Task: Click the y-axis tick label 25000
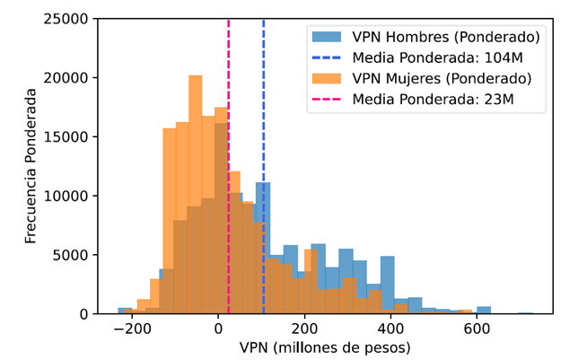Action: (x=68, y=19)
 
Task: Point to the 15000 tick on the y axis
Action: (x=68, y=136)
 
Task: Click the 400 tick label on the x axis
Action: (x=390, y=329)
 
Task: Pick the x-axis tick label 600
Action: (x=477, y=329)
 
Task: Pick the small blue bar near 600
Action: (x=484, y=311)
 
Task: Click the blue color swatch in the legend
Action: (x=327, y=38)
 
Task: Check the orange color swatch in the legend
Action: (x=327, y=78)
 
